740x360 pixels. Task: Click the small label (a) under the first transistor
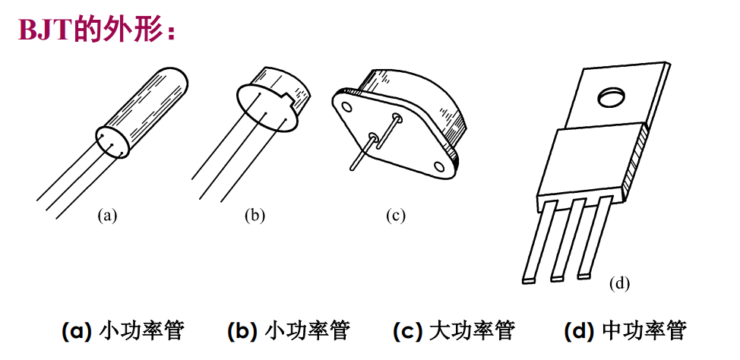pyautogui.click(x=108, y=215)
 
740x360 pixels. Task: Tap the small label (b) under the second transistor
pyautogui.click(x=255, y=215)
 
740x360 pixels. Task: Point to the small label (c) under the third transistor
pyautogui.click(x=396, y=215)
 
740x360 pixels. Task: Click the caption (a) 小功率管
pyautogui.click(x=122, y=331)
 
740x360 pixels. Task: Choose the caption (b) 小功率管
pyautogui.click(x=288, y=331)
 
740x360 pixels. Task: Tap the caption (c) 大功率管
pyautogui.click(x=454, y=331)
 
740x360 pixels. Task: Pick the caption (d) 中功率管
pyautogui.click(x=625, y=331)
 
